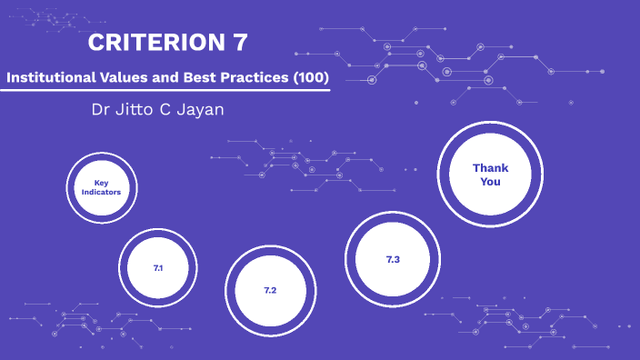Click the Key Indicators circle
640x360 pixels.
101,187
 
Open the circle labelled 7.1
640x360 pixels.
158,268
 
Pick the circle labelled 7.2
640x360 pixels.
270,290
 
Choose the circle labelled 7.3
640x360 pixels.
393,260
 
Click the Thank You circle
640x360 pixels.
490,175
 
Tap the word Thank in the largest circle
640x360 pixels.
490,168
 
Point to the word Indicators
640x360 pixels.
101,193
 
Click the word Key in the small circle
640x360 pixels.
101,183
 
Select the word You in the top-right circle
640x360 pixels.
490,182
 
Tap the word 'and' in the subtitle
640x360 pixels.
168,79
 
